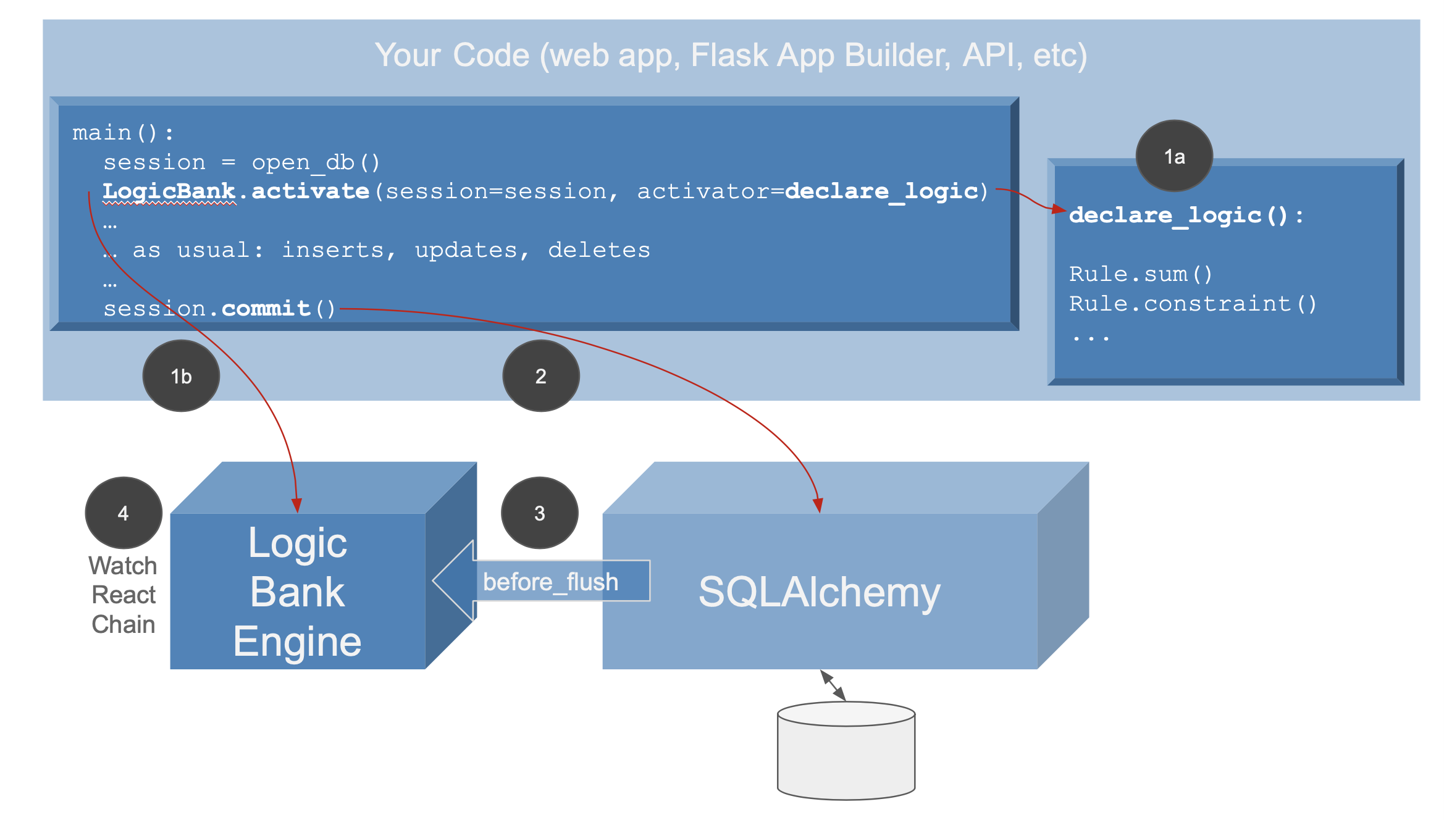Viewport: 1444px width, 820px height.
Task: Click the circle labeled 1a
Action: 1174,156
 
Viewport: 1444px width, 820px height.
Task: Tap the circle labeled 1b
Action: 181,375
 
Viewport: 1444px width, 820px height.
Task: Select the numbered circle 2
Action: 540,375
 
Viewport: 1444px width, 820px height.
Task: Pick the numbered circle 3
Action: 539,512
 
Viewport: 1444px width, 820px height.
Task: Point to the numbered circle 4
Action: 124,512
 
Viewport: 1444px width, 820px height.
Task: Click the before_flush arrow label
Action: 550,582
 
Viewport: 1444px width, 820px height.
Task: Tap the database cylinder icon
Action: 846,750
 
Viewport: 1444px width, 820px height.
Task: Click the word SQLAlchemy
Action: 820,592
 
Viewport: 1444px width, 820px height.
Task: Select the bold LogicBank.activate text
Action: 236,191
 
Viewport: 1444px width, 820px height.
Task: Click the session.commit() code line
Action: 219,308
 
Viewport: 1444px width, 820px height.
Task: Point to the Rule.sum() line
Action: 1141,274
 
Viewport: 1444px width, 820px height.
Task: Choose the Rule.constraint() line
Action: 1193,303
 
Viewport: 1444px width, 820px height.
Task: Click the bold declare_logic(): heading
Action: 1186,215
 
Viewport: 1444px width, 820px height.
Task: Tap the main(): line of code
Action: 123,132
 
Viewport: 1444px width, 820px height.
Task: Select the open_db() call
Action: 316,162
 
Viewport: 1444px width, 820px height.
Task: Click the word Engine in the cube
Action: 297,642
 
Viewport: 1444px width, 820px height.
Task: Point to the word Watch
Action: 123,565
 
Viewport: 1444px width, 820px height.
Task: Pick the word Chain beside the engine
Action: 123,624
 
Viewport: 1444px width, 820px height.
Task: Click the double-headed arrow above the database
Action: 833,685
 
